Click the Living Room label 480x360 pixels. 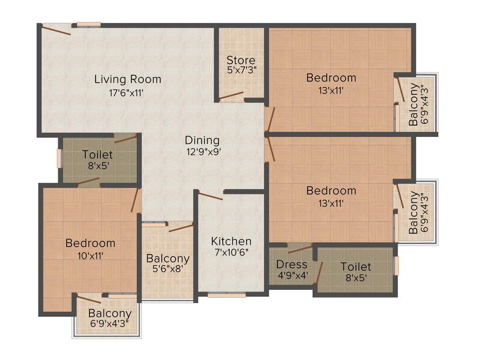click(127, 79)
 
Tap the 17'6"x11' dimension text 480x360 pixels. click(125, 93)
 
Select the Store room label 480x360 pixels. click(241, 60)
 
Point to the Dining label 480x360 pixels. click(202, 140)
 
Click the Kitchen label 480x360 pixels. click(231, 241)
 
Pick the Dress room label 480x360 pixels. click(292, 264)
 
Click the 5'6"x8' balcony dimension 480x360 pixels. click(167, 269)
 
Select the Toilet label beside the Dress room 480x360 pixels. click(356, 267)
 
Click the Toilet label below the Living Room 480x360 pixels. click(97, 155)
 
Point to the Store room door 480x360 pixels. click(231, 97)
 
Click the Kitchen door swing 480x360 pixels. click(210, 195)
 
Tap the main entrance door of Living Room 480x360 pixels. click(56, 30)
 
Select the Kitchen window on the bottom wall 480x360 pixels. click(226, 295)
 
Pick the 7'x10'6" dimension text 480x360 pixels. click(231, 252)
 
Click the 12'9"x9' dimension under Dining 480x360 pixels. click(202, 151)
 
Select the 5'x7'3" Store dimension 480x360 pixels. click(241, 70)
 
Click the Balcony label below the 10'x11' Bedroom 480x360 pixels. click(110, 314)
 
